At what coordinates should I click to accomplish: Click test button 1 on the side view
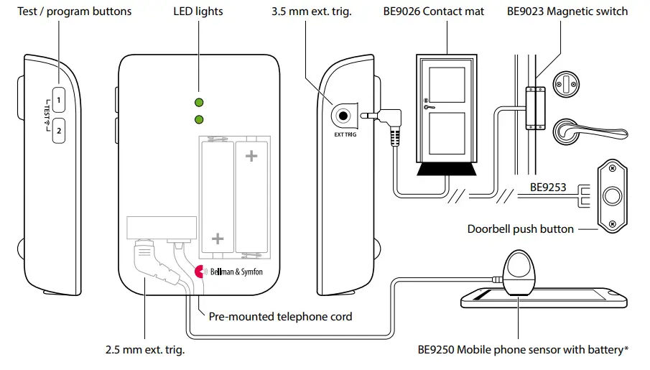tap(60, 97)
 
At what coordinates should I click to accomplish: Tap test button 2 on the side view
tap(60, 130)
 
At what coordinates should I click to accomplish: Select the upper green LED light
tap(199, 102)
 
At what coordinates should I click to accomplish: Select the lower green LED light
tap(199, 119)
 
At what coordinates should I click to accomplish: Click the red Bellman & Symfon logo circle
tap(202, 272)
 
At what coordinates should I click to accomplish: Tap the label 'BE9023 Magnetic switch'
tap(567, 11)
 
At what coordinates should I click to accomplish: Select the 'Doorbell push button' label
tap(521, 229)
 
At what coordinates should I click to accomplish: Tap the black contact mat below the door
tap(446, 170)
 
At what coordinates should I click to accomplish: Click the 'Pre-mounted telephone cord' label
tap(280, 316)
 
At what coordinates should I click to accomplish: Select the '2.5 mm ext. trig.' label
tap(144, 350)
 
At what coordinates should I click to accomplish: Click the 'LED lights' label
tap(198, 11)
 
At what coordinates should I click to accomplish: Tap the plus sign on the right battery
tap(251, 156)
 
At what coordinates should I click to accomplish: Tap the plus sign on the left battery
tap(218, 239)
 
